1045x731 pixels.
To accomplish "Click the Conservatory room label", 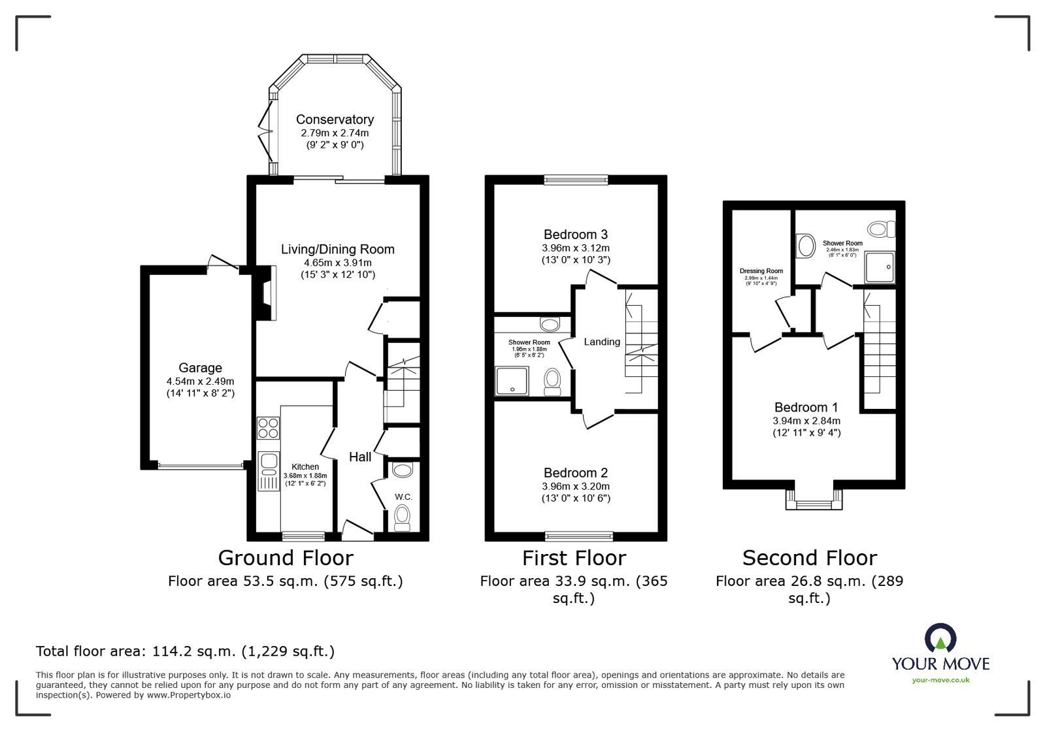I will (x=335, y=120).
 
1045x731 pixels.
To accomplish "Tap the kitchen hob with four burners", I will (x=268, y=428).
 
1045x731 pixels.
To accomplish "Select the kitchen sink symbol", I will (x=268, y=463).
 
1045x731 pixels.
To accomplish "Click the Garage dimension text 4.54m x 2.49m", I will (x=200, y=382).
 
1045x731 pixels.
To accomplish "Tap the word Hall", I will (x=360, y=457).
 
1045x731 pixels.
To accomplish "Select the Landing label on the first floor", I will (x=601, y=342).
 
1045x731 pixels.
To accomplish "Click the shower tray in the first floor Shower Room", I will (x=512, y=380).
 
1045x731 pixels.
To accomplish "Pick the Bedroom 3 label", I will (x=576, y=235).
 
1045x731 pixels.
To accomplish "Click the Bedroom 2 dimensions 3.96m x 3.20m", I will (x=576, y=487).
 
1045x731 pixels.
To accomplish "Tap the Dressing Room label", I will (x=761, y=271).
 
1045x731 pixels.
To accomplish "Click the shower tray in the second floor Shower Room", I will (x=880, y=268).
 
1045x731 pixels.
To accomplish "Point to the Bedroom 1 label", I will (x=806, y=408).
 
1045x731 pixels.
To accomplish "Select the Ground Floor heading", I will (x=286, y=558).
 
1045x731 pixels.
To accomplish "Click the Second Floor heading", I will (x=809, y=558).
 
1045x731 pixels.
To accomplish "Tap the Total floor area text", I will (x=185, y=651).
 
